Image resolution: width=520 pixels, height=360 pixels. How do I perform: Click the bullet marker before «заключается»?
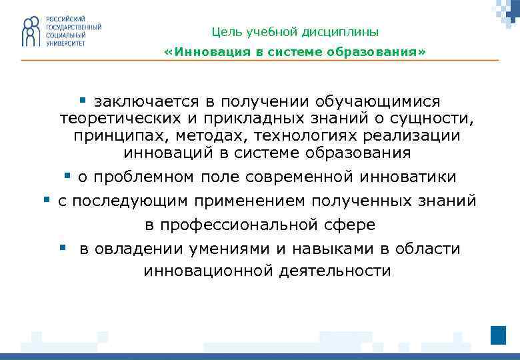[83, 101]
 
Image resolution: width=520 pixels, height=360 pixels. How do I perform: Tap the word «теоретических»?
[117, 119]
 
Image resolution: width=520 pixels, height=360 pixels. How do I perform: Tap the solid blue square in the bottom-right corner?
[498, 335]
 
